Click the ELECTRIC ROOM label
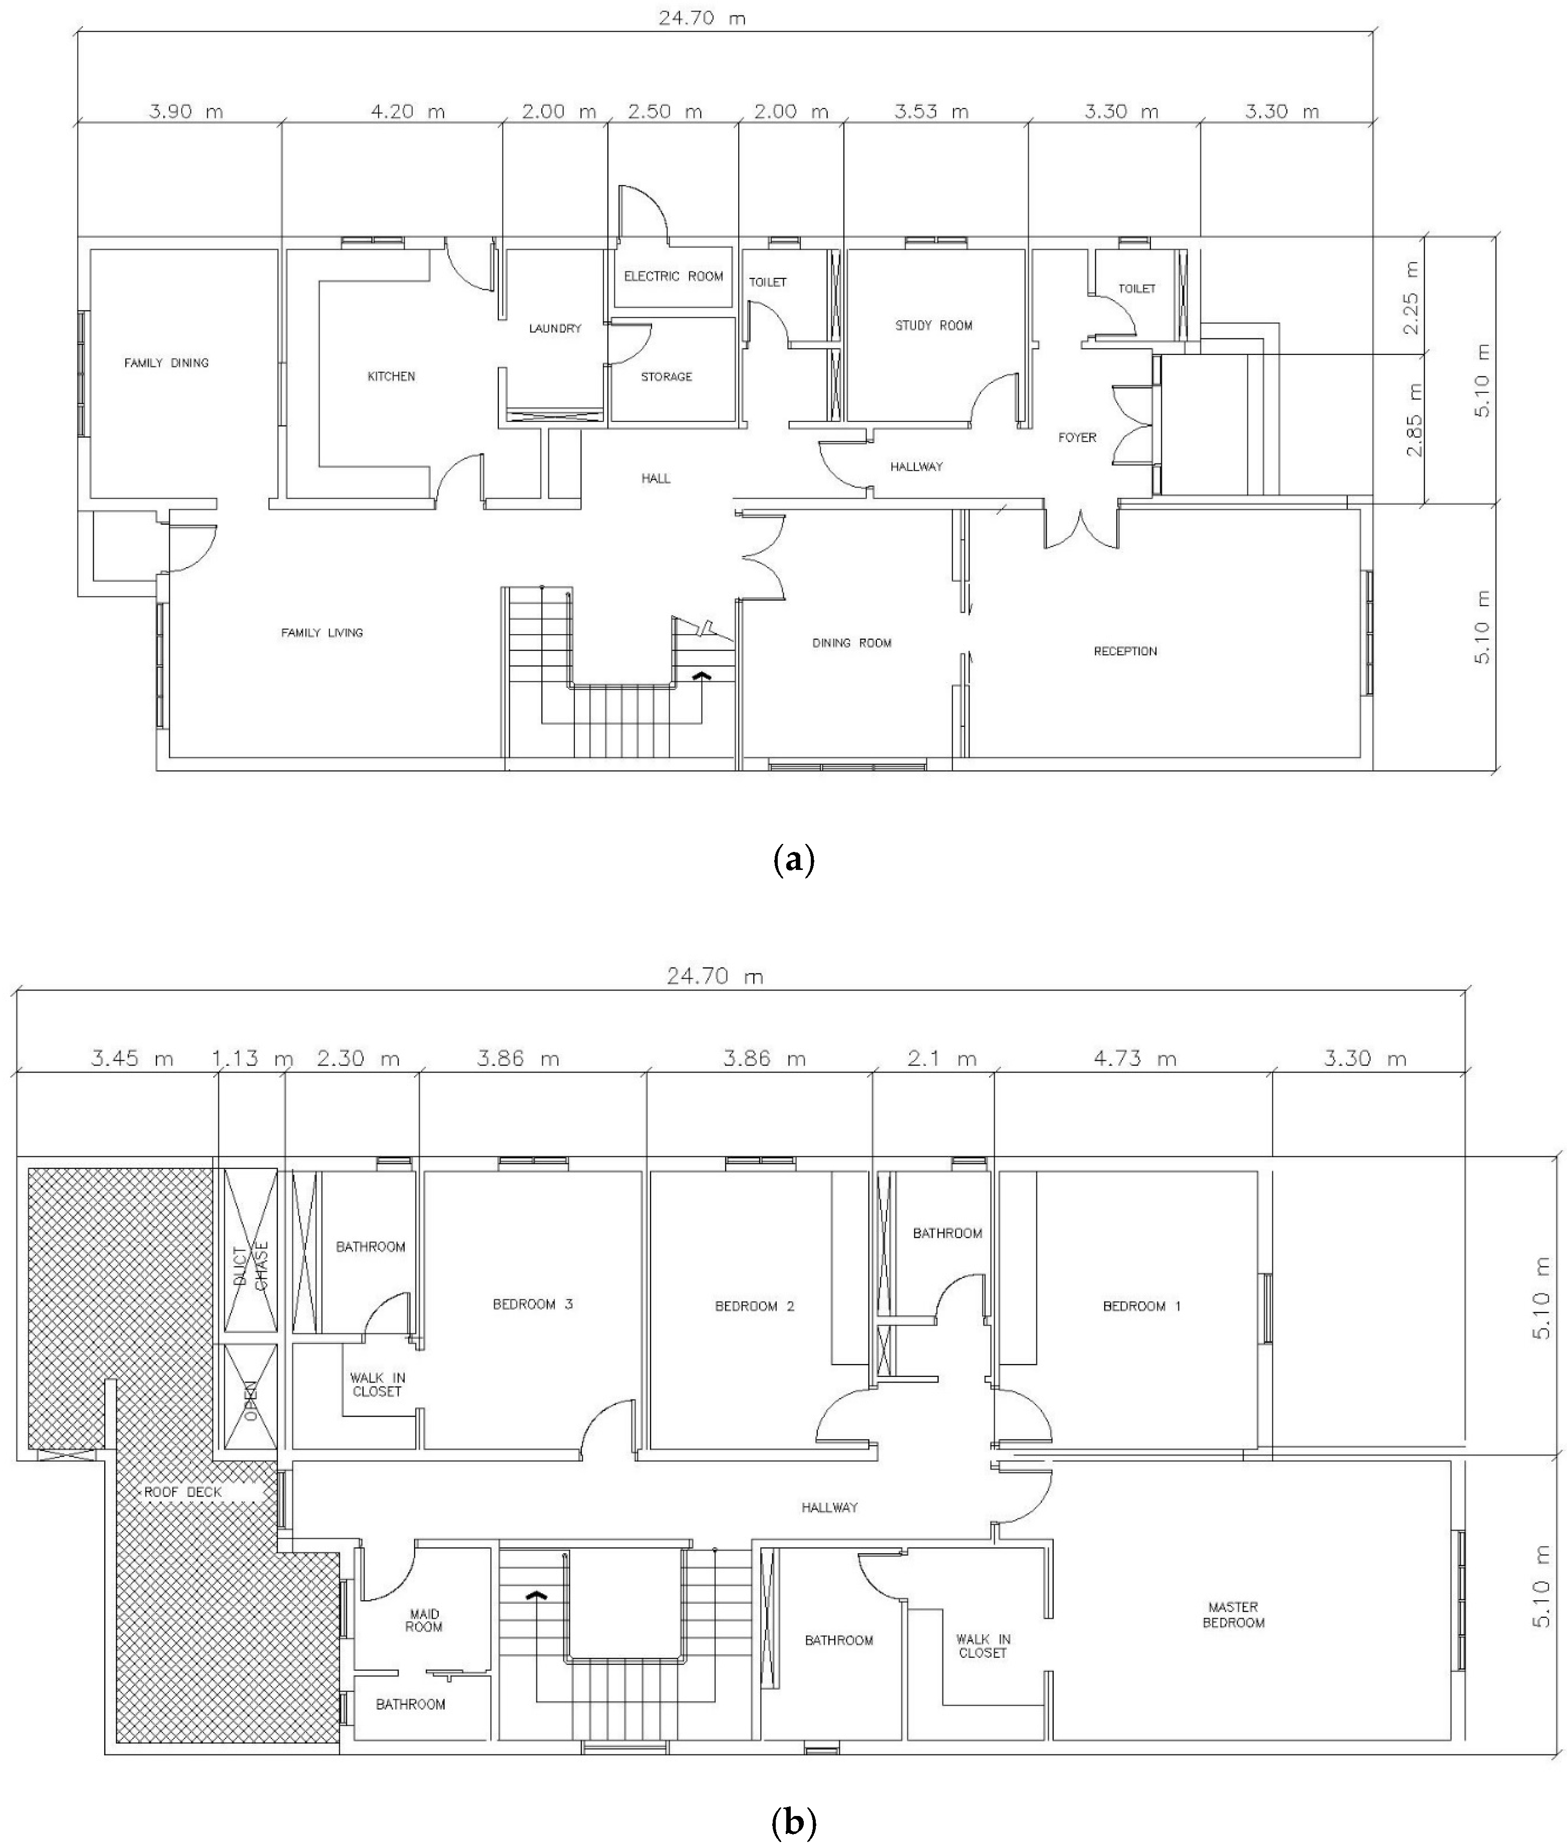(x=674, y=276)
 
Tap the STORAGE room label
(x=666, y=376)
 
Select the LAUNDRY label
(x=555, y=328)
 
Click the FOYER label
(x=1078, y=437)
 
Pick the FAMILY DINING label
(x=166, y=362)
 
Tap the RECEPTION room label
(x=1125, y=651)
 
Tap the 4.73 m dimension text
(x=1130, y=1059)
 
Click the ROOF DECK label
(x=182, y=1492)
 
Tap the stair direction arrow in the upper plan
(x=702, y=675)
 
